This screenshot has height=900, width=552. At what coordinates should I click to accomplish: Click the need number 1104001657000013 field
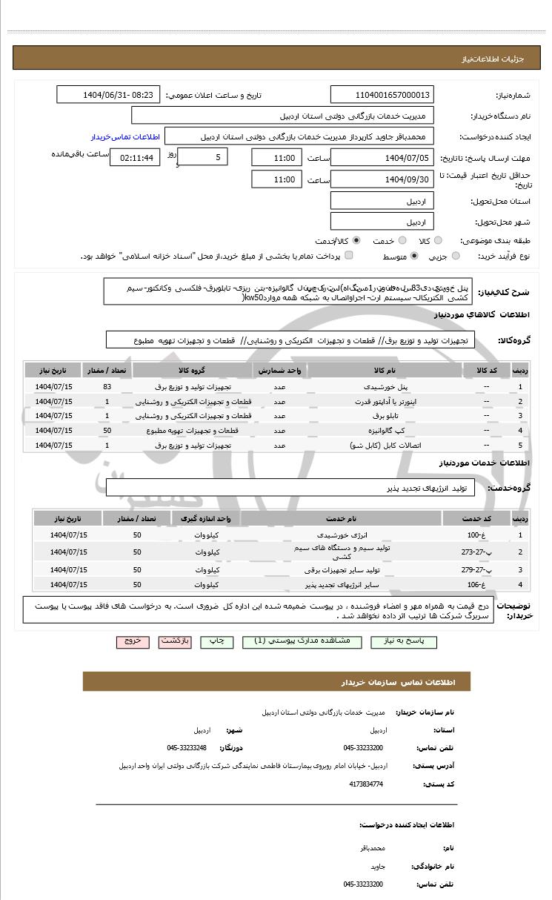[382, 95]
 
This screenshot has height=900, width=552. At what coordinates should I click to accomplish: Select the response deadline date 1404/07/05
[382, 158]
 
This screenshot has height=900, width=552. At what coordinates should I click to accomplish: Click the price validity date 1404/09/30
[382, 179]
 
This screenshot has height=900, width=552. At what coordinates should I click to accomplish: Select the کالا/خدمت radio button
[357, 241]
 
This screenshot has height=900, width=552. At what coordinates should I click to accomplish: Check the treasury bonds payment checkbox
[349, 256]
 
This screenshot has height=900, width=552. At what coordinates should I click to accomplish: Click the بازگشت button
[176, 641]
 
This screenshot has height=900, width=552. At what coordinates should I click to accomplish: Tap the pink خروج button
[133, 641]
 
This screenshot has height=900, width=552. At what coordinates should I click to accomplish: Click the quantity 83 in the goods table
[107, 387]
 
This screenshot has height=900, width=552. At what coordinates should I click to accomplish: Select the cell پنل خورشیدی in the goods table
[385, 387]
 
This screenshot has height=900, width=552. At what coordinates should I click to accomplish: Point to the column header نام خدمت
[341, 517]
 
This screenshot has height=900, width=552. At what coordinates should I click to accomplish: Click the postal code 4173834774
[368, 784]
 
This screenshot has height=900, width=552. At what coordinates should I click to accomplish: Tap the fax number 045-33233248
[187, 748]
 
